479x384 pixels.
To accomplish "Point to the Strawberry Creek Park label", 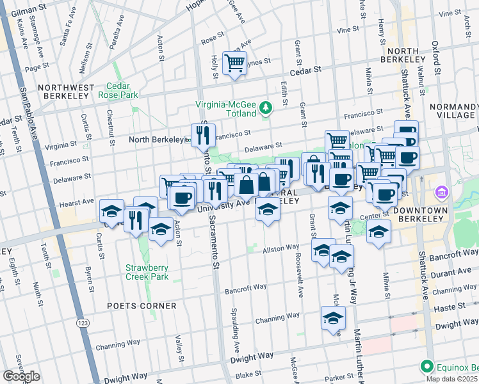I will click(147, 272).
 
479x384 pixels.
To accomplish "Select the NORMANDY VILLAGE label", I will click(454, 111).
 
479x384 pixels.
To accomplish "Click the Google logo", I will click(21, 376).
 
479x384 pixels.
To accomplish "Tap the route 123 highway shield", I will click(82, 318).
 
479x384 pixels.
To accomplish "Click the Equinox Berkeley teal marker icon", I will click(427, 367).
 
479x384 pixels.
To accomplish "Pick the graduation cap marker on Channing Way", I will click(333, 319).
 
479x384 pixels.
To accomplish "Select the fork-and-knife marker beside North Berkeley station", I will click(203, 135).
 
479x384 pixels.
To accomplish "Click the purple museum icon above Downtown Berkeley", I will click(441, 192).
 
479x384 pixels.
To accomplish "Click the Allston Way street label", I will click(281, 246).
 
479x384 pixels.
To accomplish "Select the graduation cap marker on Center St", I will click(378, 232).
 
